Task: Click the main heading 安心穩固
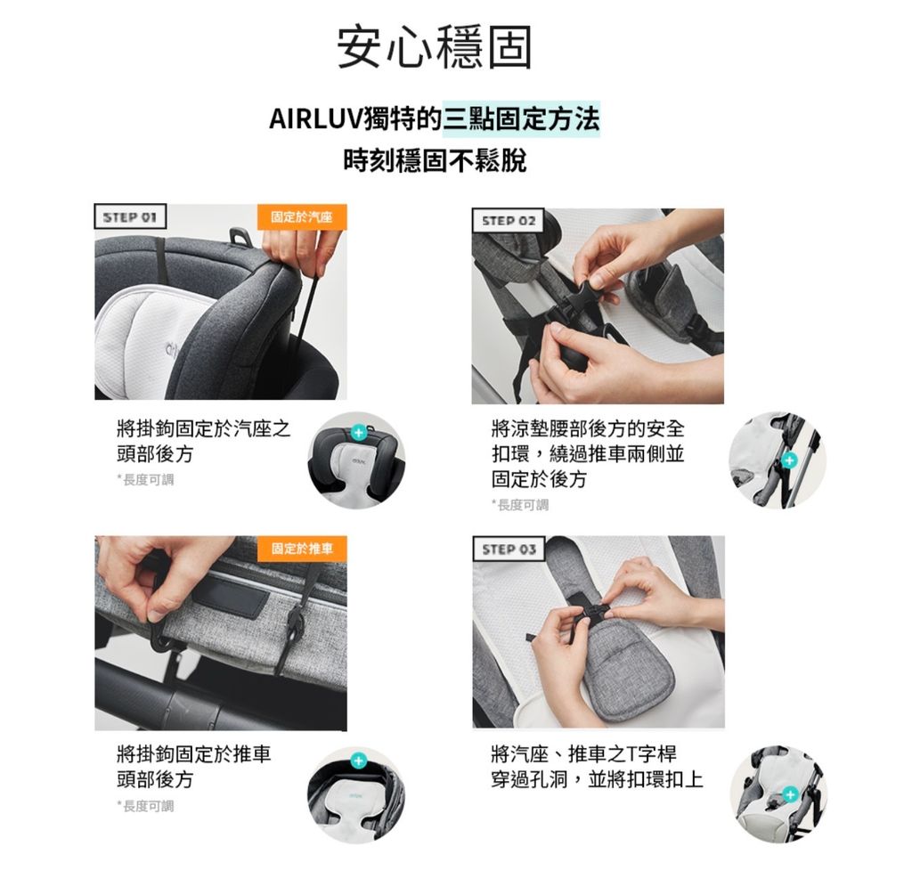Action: [435, 47]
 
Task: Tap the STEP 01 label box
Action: [130, 217]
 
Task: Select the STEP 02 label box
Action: [508, 221]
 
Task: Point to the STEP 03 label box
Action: [509, 549]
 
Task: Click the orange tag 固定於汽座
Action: [302, 217]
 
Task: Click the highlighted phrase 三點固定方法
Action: [521, 119]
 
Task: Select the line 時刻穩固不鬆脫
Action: [435, 161]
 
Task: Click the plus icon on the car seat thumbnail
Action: [358, 432]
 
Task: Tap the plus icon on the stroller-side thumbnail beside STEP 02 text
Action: [789, 460]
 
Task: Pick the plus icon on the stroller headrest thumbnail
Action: [358, 761]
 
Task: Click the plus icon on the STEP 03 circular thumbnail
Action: [790, 794]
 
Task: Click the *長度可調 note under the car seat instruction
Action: [145, 480]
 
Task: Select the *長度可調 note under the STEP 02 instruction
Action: [520, 505]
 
